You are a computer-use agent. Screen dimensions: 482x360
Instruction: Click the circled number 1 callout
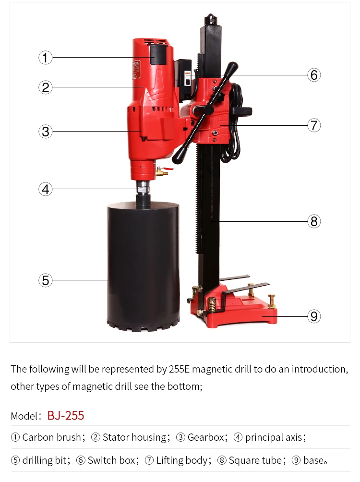coord(45,58)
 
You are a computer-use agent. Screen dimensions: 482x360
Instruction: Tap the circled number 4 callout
coord(45,189)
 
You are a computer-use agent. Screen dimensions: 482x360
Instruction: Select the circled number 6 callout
coord(314,75)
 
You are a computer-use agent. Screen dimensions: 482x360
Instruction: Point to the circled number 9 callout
coord(314,316)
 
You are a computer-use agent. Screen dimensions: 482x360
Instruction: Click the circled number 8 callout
coord(314,221)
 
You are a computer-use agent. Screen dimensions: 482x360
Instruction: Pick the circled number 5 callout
coord(45,280)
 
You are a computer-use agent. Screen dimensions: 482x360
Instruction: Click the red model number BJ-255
coord(66,415)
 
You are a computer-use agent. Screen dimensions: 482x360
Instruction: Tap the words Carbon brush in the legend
coord(51,437)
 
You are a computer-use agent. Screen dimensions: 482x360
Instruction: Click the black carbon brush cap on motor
coord(158,54)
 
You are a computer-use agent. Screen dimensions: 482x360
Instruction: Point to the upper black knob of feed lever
coord(232,66)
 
